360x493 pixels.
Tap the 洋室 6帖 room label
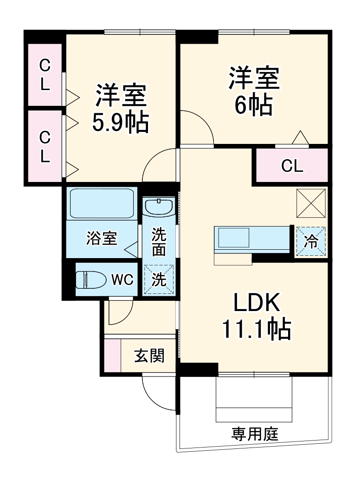(x=253, y=91)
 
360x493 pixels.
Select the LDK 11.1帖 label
(x=256, y=317)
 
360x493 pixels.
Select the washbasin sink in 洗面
(x=159, y=206)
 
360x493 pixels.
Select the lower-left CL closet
(x=45, y=146)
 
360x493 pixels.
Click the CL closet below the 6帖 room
(x=292, y=166)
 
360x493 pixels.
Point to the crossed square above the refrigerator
(x=311, y=203)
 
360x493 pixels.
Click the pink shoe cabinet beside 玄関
(x=112, y=356)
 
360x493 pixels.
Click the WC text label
(x=122, y=279)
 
